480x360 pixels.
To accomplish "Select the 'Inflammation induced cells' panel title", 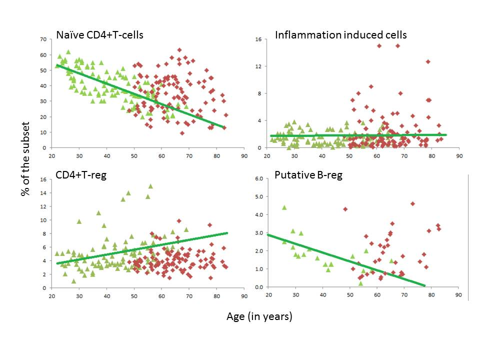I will [x=340, y=35].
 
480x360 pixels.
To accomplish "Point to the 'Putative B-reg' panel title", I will [x=308, y=175].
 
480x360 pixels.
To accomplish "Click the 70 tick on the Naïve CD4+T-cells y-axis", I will [x=43, y=39].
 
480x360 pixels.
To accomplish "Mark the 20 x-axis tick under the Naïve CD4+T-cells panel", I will [x=52, y=156].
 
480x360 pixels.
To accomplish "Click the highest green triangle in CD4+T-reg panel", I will [x=150, y=186].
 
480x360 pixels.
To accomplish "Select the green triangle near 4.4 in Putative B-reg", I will [x=284, y=207].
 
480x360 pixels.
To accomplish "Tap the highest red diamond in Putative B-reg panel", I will [x=412, y=203].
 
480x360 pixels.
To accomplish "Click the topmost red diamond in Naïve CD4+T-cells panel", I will [x=179, y=50].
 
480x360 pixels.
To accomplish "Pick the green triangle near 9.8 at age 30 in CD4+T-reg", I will [x=79, y=221].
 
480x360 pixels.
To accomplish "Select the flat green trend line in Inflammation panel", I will [x=350, y=135].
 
